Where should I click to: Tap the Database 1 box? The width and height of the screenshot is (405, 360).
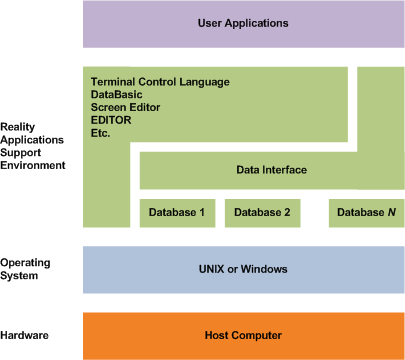click(x=176, y=212)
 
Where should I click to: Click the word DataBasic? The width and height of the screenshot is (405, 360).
click(x=117, y=94)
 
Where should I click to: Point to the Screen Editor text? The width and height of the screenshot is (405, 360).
click(x=127, y=107)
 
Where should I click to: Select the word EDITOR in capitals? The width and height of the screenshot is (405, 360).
click(x=112, y=120)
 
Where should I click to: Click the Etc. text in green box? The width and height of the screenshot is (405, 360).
click(x=100, y=133)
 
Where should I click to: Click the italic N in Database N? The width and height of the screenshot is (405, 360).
click(x=382, y=212)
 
